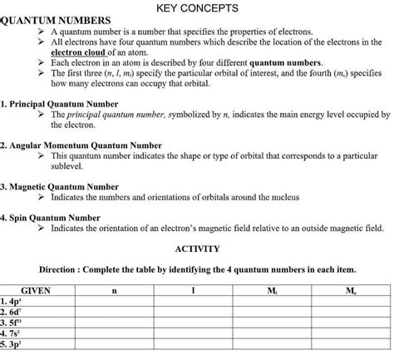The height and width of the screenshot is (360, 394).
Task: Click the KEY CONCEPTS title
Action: pyautogui.click(x=197, y=8)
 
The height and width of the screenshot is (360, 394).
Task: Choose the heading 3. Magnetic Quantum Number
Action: pyautogui.click(x=60, y=187)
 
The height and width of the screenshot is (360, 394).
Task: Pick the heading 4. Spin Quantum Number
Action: pyautogui.click(x=52, y=218)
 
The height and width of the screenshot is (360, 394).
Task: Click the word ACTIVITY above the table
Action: pyautogui.click(x=198, y=249)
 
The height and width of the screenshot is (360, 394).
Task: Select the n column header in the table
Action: pyautogui.click(x=114, y=290)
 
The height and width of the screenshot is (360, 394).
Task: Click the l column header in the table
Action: pyautogui.click(x=192, y=290)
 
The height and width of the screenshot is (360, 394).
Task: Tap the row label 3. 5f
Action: pyautogui.click(x=12, y=323)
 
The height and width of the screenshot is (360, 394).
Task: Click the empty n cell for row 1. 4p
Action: pyautogui.click(x=114, y=301)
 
